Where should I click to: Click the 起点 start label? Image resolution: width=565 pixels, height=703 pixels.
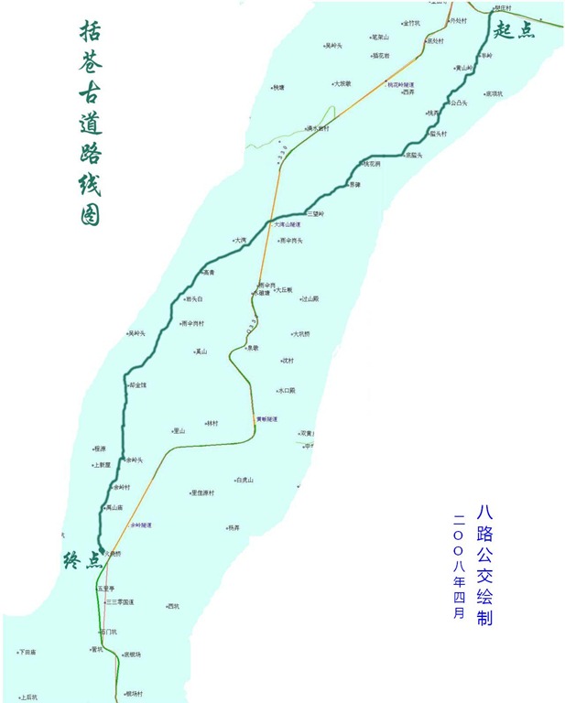pyautogui.click(x=513, y=30)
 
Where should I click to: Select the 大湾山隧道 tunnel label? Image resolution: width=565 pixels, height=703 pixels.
pyautogui.click(x=288, y=223)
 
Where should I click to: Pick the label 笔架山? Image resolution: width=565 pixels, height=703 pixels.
pyautogui.click(x=380, y=38)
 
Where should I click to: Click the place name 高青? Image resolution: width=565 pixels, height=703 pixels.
pyautogui.click(x=209, y=272)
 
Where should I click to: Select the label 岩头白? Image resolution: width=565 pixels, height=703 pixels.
pyautogui.click(x=194, y=298)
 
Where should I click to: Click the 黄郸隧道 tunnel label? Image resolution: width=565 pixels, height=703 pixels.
pyautogui.click(x=266, y=419)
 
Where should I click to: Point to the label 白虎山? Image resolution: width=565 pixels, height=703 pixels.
pyautogui.click(x=244, y=480)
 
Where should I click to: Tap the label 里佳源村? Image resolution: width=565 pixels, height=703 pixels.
pyautogui.click(x=202, y=492)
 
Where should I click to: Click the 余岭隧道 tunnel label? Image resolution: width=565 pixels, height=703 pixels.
pyautogui.click(x=141, y=525)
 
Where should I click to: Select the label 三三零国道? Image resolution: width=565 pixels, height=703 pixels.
pyautogui.click(x=121, y=602)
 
